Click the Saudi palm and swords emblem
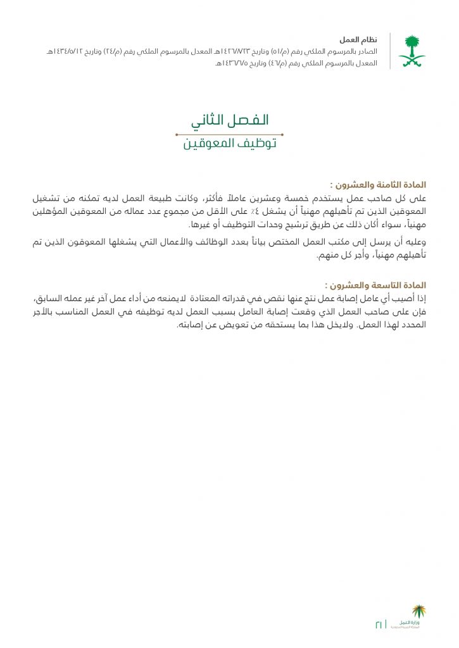(412, 51)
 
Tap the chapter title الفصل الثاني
(230, 120)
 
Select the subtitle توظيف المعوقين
(230, 144)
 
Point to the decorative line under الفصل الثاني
(229, 134)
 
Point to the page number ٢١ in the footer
(379, 624)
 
